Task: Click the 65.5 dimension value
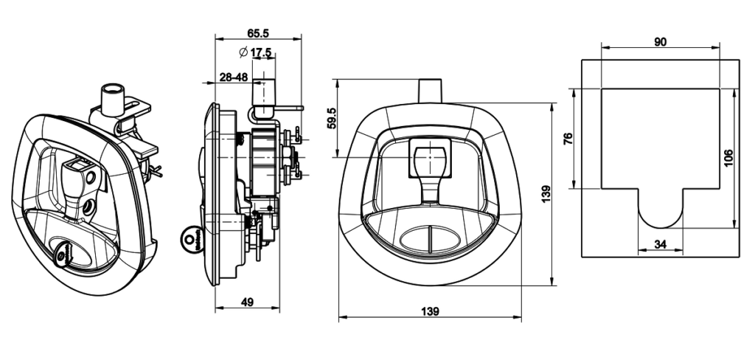point(257,33)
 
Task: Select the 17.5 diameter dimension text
point(261,52)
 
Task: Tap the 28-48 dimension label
point(234,77)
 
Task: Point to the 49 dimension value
point(247,302)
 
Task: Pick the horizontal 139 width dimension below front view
point(430,311)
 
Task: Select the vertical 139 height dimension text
point(546,194)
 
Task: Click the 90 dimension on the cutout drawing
point(660,42)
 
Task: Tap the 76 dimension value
point(568,139)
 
